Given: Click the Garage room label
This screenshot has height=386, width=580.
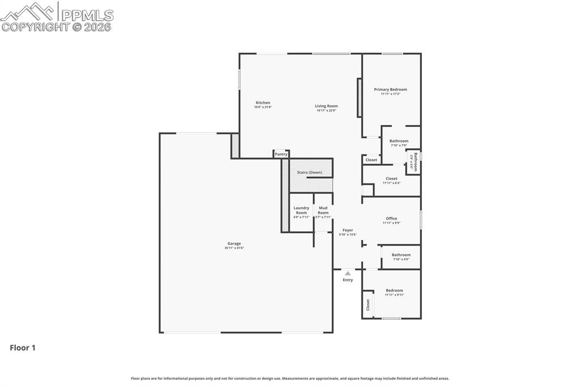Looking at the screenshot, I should coord(234,243).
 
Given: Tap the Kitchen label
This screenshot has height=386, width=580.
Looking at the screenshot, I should coord(262,102).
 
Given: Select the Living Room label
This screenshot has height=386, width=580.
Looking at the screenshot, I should coord(326,106).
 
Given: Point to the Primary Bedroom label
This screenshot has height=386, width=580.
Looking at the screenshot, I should coord(390,89).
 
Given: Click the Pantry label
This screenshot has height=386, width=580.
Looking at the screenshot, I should coord(281,154).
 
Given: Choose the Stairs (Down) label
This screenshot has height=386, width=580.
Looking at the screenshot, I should coord(309,172).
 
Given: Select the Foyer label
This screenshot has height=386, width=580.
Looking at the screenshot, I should coord(348,230).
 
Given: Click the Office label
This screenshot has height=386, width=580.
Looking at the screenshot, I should coord(391,218).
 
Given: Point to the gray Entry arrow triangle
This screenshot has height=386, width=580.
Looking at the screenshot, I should coord(348,273).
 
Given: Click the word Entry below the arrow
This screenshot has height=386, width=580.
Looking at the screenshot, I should coord(348,280).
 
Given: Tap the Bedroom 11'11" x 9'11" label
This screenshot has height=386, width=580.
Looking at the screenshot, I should coord(394,290).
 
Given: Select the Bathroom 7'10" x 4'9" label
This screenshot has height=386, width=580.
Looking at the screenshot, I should coord(401,255).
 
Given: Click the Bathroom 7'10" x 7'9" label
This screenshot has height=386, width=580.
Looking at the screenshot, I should coord(399,141).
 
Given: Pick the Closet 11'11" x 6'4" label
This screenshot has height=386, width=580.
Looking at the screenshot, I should coord(391,178).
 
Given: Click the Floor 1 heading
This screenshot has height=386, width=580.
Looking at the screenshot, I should coord(23,348).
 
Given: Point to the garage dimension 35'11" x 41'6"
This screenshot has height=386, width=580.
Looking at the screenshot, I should coord(234,248).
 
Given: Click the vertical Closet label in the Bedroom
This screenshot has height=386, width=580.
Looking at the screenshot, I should coord(368,304).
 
